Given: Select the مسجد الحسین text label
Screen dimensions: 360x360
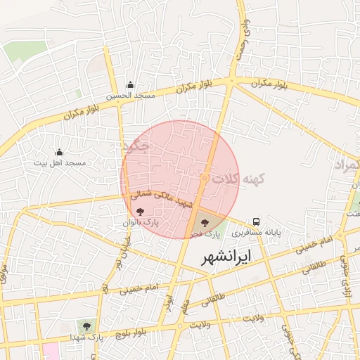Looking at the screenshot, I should coord(130,96).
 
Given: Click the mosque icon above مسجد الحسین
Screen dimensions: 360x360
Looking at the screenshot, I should coord(130,85).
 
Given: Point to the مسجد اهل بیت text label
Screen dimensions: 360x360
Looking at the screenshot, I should coord(60,162).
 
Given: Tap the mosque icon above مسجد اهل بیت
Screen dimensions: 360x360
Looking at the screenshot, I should coord(59,152).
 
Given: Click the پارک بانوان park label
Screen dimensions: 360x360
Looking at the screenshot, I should coord(141,222).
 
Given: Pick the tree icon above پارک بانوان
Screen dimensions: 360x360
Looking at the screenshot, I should coord(141,211).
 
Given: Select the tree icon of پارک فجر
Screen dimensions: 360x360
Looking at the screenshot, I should coord(205,221).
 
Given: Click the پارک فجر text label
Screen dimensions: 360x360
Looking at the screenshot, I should coord(207,232).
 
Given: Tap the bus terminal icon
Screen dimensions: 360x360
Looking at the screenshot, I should coord(257,220).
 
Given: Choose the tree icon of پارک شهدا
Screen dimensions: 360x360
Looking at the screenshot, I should coord(86,326).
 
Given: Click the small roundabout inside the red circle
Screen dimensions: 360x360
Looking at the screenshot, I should coord(204,179).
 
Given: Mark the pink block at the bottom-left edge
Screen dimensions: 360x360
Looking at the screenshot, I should coord(51,351).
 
